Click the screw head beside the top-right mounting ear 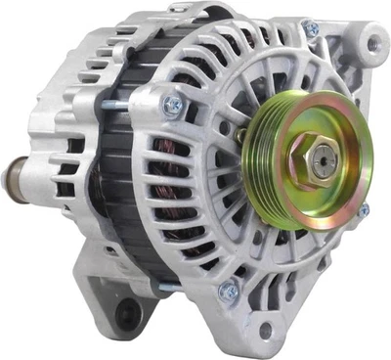(311, 30)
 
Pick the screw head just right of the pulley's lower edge (363, 210)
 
